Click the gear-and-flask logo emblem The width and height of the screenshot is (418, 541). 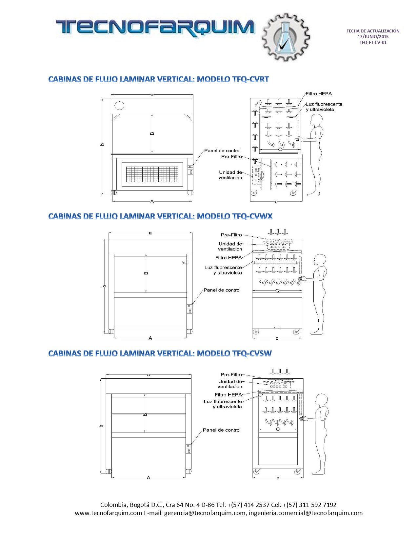[x=286, y=37]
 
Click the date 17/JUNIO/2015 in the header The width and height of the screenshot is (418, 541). [x=373, y=36]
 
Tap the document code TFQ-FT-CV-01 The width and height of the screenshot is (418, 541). [x=373, y=42]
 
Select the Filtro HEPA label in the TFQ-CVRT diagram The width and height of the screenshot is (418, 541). [x=319, y=94]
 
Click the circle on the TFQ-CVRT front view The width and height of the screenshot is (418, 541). [x=119, y=105]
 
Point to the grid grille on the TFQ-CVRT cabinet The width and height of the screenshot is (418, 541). [x=152, y=174]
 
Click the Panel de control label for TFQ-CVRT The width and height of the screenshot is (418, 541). [x=222, y=150]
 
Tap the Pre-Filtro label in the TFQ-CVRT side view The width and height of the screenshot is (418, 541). [x=231, y=157]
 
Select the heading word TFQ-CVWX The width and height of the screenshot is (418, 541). [x=252, y=216]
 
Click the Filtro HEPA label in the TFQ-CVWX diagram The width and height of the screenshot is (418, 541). [x=228, y=258]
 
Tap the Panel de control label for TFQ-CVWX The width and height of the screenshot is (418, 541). [x=222, y=290]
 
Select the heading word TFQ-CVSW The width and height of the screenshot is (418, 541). [x=252, y=353]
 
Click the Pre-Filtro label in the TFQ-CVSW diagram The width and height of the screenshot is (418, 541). [x=231, y=374]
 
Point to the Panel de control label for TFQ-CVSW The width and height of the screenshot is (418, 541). [x=222, y=430]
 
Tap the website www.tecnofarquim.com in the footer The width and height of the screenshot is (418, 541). [x=109, y=513]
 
